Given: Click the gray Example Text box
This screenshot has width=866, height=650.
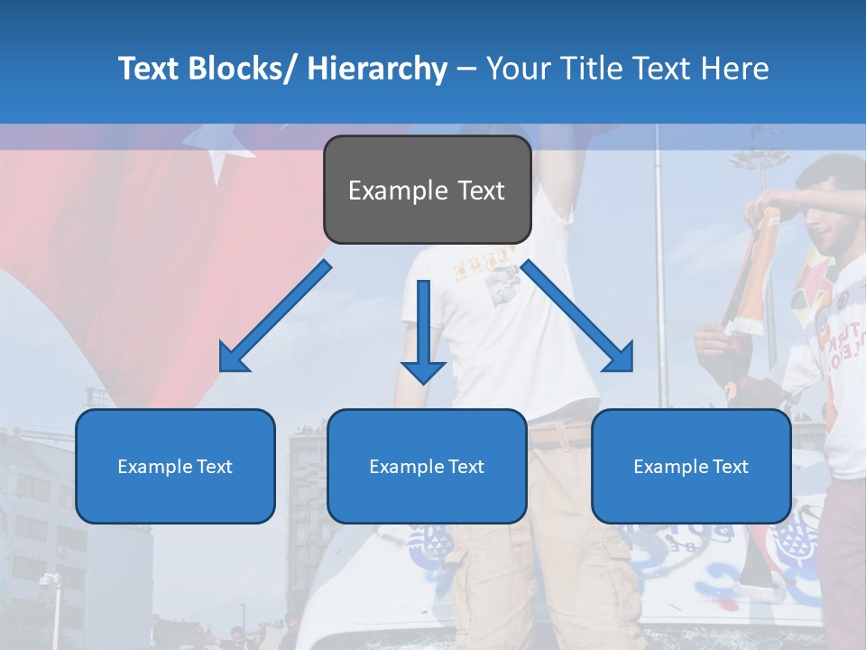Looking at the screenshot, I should (427, 190).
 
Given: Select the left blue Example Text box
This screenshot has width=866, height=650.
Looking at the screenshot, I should (175, 466).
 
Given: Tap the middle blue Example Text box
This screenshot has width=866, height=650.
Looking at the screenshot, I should (427, 466).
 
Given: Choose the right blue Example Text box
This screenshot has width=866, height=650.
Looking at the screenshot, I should (691, 466).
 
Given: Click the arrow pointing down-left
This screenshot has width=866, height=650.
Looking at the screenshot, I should (275, 317).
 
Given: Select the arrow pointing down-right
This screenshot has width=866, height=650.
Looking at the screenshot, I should (578, 317).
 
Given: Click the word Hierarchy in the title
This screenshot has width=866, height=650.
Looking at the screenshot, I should (377, 69).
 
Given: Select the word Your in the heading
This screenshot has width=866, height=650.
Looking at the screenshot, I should (516, 69).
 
